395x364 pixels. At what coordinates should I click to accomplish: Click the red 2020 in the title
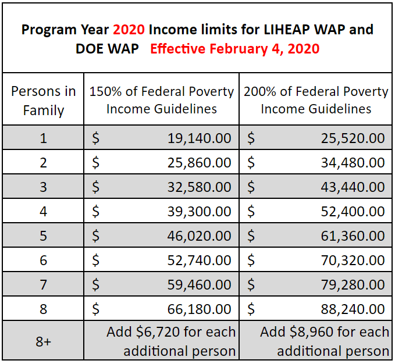point(133,29)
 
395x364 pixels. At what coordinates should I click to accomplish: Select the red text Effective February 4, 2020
point(234,48)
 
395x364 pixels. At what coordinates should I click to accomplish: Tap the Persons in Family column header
point(44,100)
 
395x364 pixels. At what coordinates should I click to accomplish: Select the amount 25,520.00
point(353,138)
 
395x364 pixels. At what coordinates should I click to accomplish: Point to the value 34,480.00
point(353,163)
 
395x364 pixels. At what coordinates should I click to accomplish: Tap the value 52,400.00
point(353,212)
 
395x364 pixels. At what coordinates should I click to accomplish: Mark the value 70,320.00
point(353,260)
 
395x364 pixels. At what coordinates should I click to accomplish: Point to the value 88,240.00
point(353,309)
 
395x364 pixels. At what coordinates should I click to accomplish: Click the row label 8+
point(44,342)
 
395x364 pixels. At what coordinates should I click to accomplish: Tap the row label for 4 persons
point(44,212)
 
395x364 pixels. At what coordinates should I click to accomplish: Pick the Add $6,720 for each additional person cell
point(171,342)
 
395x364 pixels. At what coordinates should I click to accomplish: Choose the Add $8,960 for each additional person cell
point(325,342)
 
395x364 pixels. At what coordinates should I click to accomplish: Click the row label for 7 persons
point(44,285)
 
